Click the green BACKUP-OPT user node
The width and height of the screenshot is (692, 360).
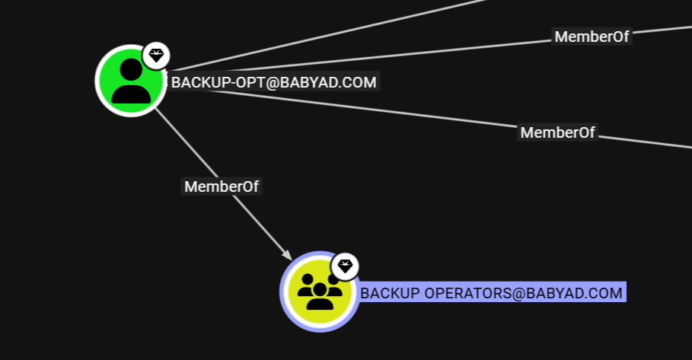[x=130, y=80]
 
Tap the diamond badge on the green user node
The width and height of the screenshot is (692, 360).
[x=156, y=55]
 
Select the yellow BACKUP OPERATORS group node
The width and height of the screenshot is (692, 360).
[x=318, y=292]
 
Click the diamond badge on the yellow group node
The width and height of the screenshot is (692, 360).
[x=346, y=266]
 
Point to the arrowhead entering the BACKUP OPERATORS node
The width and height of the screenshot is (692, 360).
[x=286, y=254]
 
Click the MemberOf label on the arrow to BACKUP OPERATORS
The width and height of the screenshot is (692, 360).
[x=222, y=186]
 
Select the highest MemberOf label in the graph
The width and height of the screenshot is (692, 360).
[x=592, y=37]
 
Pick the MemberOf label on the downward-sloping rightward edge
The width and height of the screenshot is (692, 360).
[x=557, y=132]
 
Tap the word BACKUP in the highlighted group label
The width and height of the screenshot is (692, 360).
[x=389, y=293]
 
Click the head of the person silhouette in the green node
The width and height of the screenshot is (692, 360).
[x=130, y=68]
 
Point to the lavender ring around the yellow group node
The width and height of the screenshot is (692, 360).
[x=284, y=292]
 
